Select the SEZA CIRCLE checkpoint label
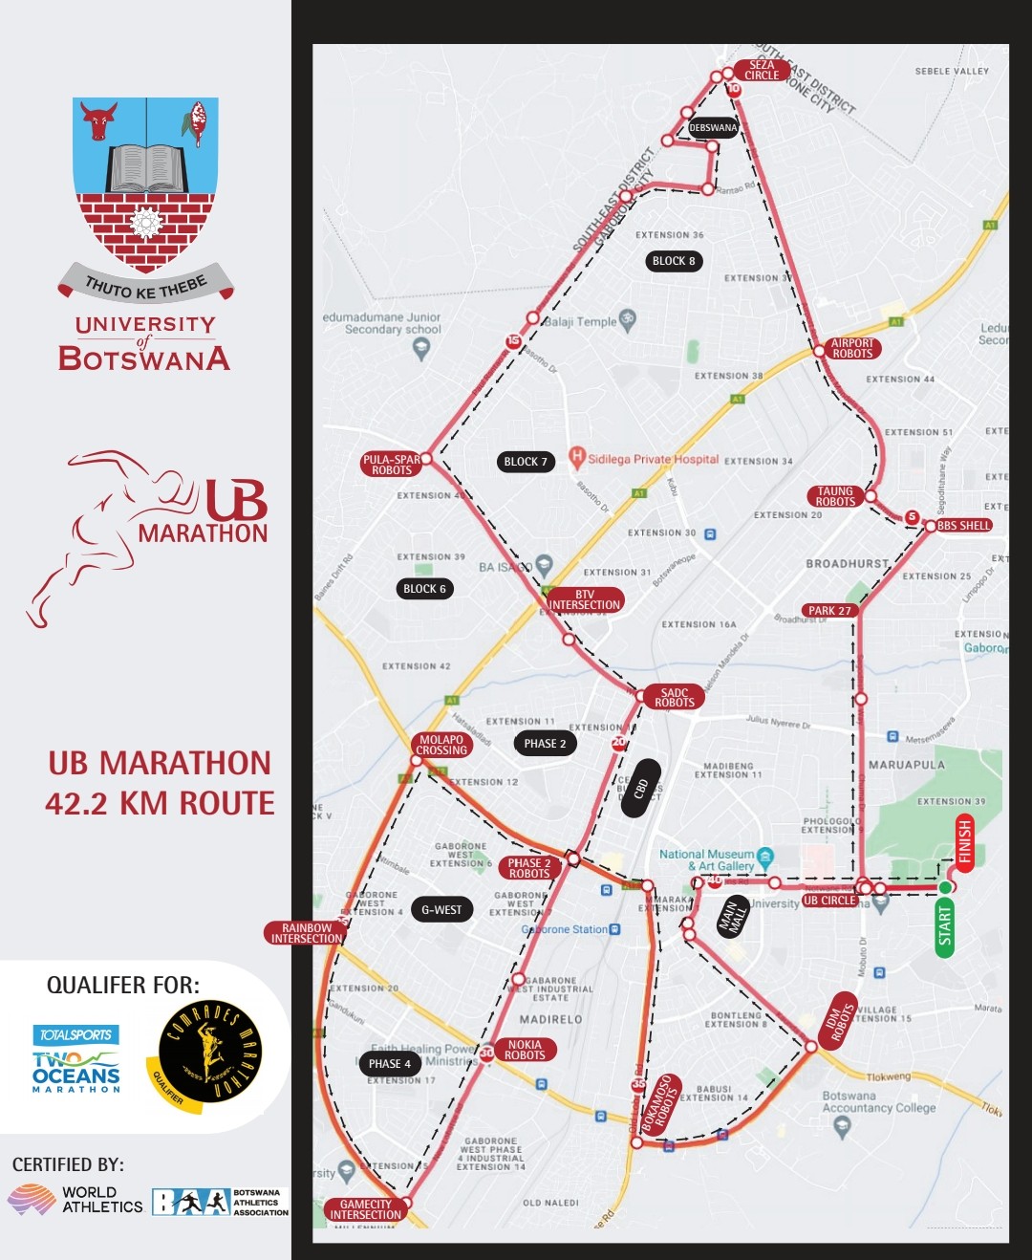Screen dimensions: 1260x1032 (762, 70)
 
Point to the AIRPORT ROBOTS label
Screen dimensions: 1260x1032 (852, 348)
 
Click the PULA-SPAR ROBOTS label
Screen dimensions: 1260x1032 (392, 465)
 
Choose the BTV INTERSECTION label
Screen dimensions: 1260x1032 (585, 599)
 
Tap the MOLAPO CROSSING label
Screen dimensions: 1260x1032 (441, 745)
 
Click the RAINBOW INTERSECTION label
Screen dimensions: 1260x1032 (306, 933)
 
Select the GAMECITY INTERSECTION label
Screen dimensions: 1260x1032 (366, 1209)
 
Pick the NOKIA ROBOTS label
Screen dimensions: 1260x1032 (525, 1050)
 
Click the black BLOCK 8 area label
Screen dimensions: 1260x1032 (674, 261)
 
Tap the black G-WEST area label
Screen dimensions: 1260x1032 (441, 910)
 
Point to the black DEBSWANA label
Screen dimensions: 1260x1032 (713, 127)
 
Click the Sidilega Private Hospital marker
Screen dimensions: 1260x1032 (577, 458)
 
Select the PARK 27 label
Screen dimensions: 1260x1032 (829, 610)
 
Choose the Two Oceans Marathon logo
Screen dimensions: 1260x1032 (76, 1060)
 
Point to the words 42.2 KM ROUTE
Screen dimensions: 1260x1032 (160, 803)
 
